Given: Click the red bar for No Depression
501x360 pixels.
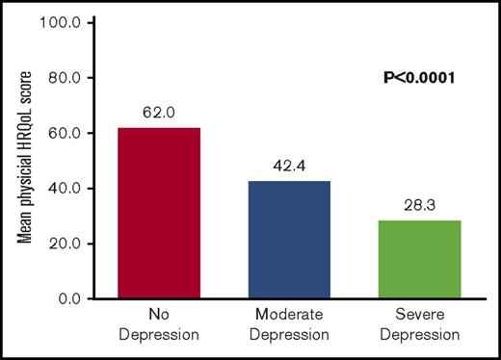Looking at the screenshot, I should click(x=159, y=213).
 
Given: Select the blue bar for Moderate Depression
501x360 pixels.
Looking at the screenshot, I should click(x=290, y=240).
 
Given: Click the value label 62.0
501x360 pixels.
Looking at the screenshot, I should click(x=159, y=114).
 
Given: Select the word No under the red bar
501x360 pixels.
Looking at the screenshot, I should click(x=159, y=316).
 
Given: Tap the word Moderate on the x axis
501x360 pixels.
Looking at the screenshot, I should click(x=290, y=316).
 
